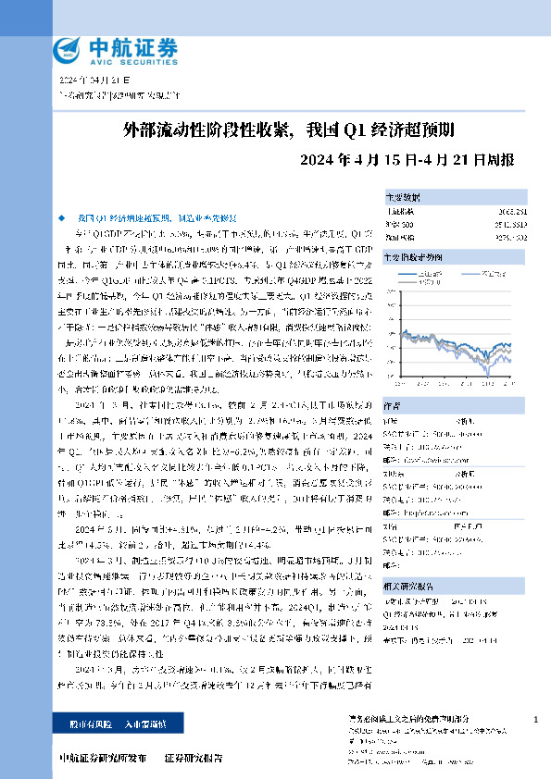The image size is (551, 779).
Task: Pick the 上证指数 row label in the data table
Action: coord(399,212)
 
